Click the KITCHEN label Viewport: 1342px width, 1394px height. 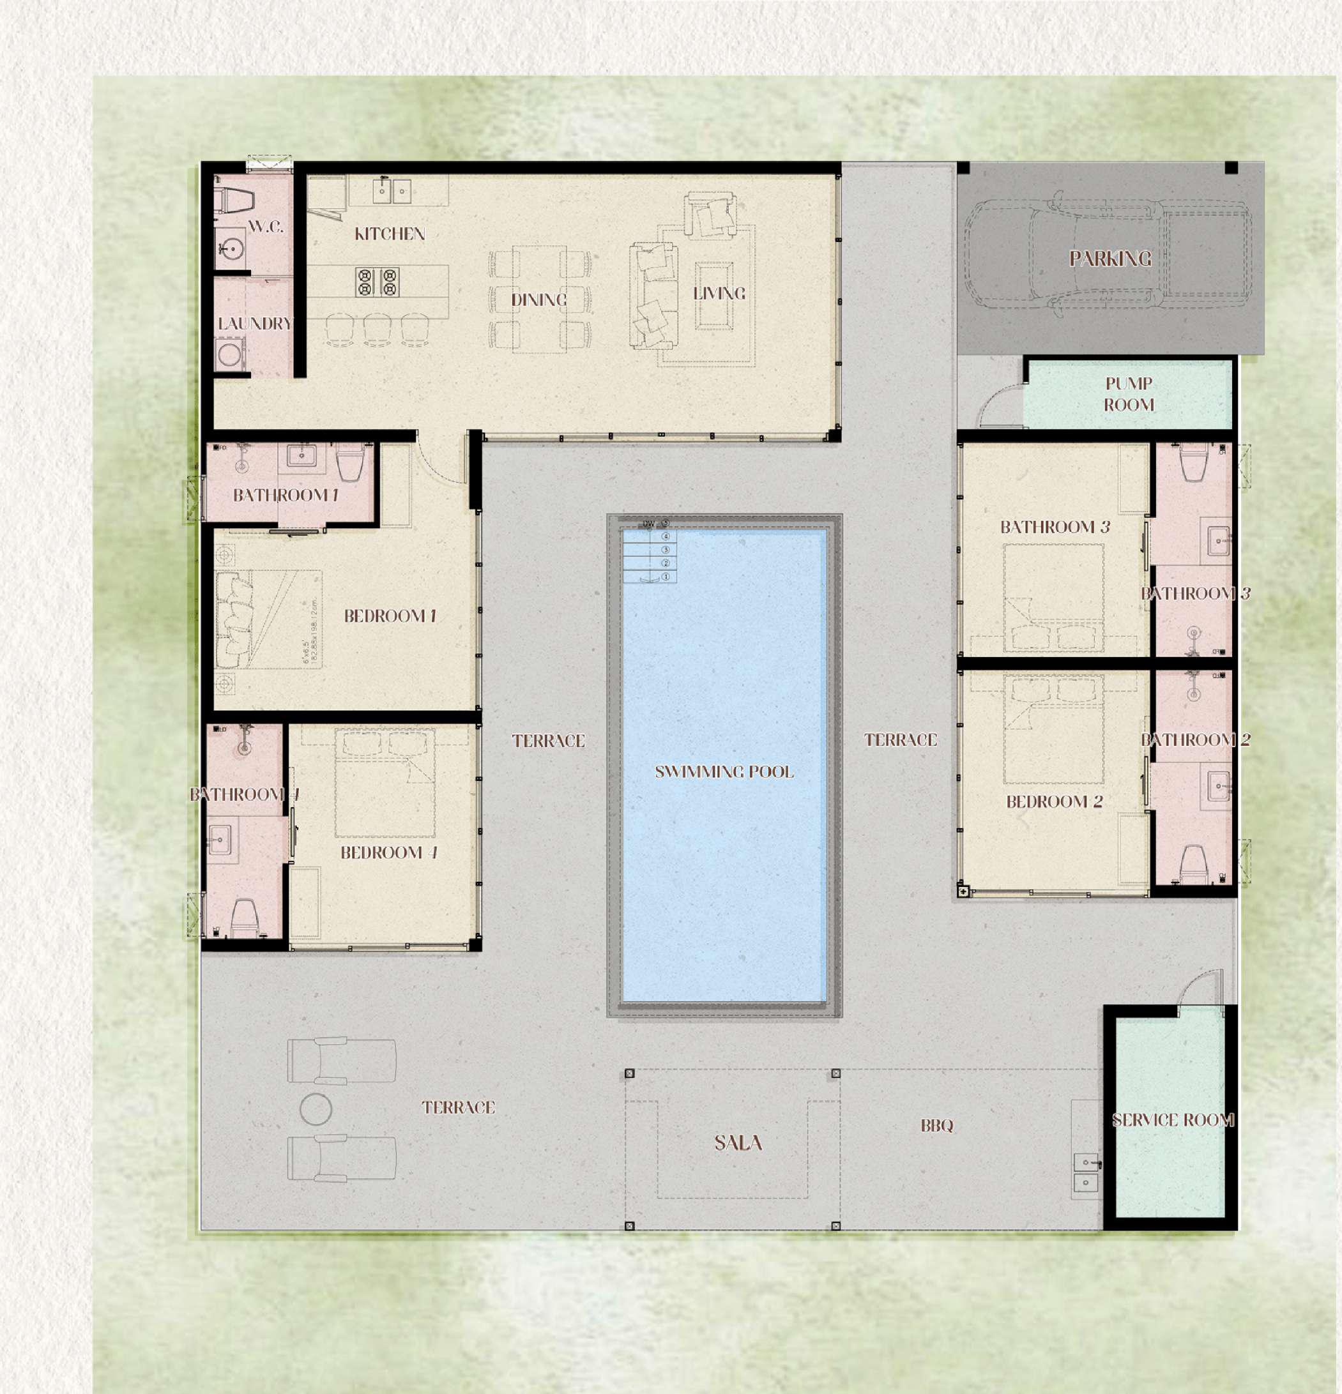389,234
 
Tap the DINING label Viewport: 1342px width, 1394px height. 538,300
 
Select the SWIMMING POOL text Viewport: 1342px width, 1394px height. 724,771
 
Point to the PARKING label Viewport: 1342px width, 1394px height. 1110,259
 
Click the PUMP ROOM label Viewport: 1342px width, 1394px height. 1129,395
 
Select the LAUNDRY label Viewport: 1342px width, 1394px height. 255,324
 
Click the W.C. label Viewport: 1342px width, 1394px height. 266,227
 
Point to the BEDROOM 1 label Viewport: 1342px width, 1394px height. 390,616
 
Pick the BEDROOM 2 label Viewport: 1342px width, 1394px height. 1054,802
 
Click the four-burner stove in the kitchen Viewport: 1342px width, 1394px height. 377,282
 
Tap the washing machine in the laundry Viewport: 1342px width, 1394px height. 229,355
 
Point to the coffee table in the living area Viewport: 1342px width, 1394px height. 713,296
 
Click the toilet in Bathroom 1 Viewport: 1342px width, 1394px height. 350,462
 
